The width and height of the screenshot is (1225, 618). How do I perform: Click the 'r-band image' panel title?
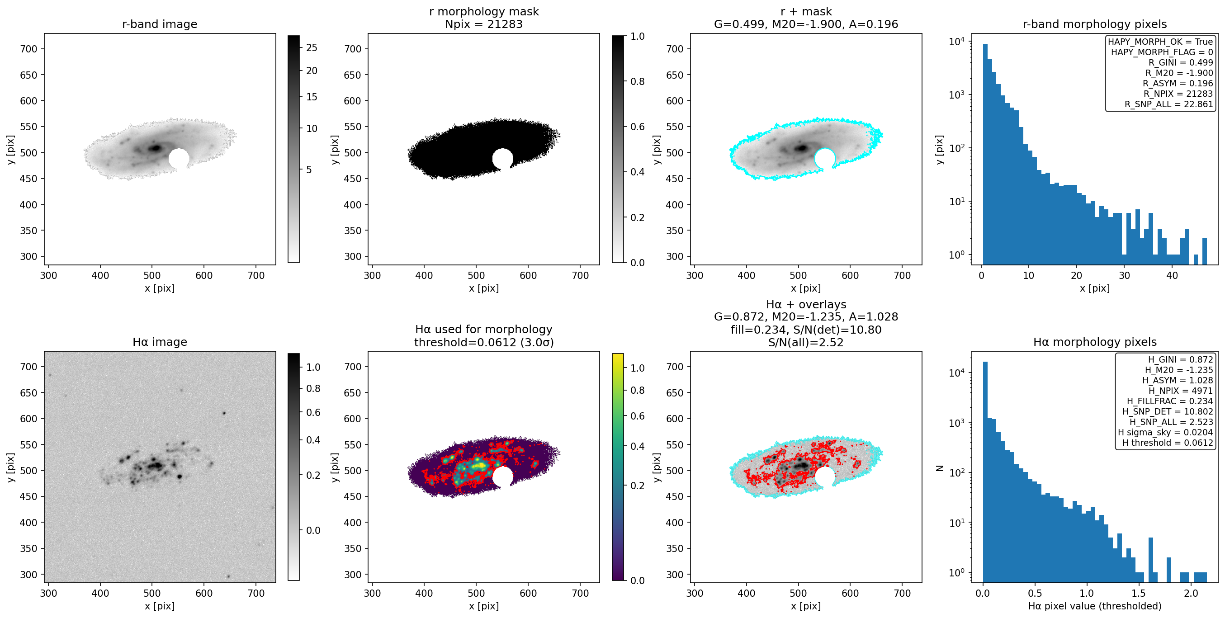pyautogui.click(x=159, y=24)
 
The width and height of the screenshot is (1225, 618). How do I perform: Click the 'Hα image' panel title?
pyautogui.click(x=159, y=342)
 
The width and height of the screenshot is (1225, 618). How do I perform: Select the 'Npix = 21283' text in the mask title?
pyautogui.click(x=484, y=24)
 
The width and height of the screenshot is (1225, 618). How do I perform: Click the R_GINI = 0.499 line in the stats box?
pyautogui.click(x=1181, y=62)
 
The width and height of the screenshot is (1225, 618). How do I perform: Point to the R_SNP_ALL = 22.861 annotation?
pyautogui.click(x=1168, y=104)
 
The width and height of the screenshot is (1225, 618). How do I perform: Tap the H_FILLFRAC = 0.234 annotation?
pyautogui.click(x=1170, y=401)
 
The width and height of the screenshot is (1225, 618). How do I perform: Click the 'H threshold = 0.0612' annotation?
pyautogui.click(x=1168, y=443)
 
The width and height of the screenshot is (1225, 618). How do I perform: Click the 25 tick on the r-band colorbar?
pyautogui.click(x=312, y=47)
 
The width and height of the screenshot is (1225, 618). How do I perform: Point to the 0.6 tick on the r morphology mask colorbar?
pyautogui.click(x=637, y=127)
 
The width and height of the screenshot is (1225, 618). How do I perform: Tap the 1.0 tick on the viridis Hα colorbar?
pyautogui.click(x=637, y=368)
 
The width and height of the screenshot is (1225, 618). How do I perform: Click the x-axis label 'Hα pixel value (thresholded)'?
pyautogui.click(x=1095, y=606)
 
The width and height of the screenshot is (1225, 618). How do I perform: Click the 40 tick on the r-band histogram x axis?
pyautogui.click(x=1172, y=275)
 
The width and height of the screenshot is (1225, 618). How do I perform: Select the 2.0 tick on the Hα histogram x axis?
pyautogui.click(x=1191, y=593)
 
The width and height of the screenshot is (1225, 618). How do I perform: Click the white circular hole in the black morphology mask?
pyautogui.click(x=503, y=159)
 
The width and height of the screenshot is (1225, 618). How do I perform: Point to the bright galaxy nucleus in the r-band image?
pyautogui.click(x=155, y=148)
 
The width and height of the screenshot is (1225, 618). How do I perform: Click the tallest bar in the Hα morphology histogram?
pyautogui.click(x=985, y=471)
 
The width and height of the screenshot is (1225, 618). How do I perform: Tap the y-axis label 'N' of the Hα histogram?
pyautogui.click(x=940, y=468)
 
